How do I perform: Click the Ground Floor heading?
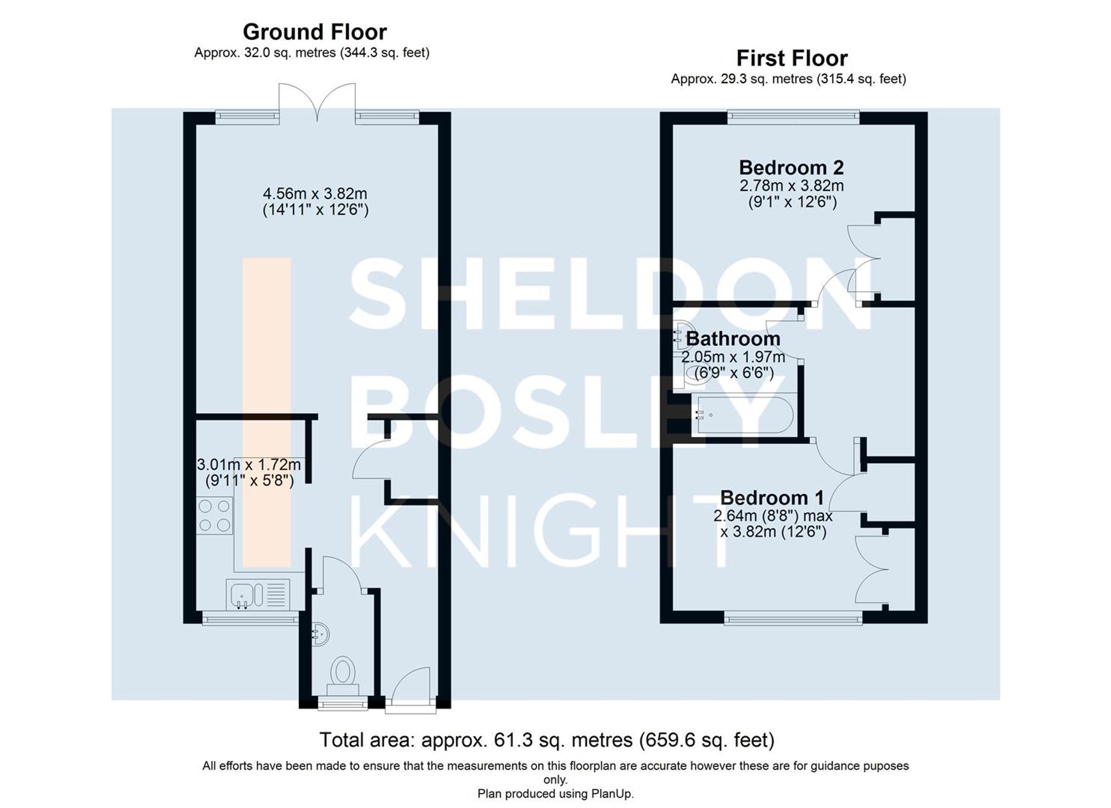click(314, 32)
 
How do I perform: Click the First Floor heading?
click(792, 58)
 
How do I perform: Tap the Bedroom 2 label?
click(791, 167)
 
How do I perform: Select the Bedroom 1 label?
click(772, 497)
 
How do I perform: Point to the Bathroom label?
click(733, 338)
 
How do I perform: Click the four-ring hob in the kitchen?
click(214, 515)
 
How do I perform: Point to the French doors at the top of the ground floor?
click(317, 102)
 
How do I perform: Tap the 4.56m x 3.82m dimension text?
click(315, 194)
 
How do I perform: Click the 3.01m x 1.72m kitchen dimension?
click(249, 464)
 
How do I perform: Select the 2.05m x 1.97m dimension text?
click(733, 356)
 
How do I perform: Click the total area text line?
click(547, 740)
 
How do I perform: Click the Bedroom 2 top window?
click(793, 116)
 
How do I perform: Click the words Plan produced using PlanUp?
click(555, 794)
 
